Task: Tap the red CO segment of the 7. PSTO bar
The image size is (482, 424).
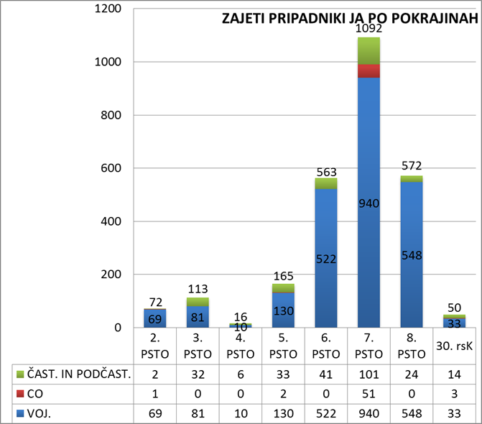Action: click(369, 70)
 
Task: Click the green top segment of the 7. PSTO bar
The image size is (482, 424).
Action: click(369, 50)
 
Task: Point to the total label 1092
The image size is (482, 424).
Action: click(369, 29)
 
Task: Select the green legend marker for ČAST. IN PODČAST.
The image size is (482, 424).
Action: click(19, 374)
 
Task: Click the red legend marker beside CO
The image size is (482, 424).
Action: click(19, 394)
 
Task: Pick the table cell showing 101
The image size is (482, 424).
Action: click(369, 374)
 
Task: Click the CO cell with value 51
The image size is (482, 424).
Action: click(369, 394)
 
